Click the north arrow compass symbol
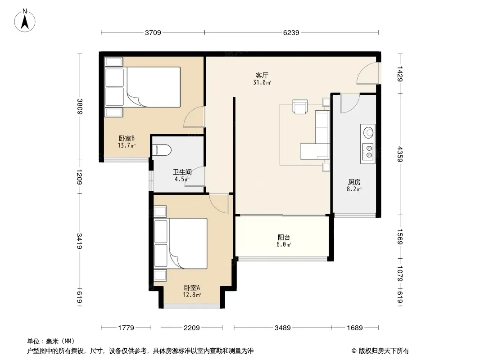[25, 20]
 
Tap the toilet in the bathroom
[162, 149]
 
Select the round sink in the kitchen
[368, 133]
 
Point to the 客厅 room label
[262, 75]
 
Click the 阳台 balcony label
[284, 237]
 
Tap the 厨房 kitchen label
[354, 182]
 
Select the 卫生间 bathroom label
[182, 172]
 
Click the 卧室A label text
[192, 288]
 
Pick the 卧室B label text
[127, 139]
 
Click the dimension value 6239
[291, 32]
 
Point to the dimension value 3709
[153, 32]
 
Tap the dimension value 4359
[400, 154]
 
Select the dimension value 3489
[282, 328]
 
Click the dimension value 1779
[126, 328]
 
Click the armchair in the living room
[300, 107]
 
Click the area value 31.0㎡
[262, 82]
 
